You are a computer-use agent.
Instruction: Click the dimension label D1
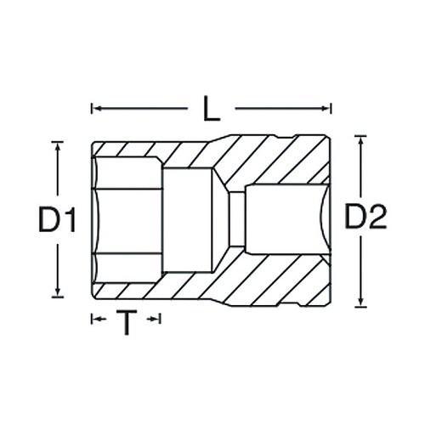[56, 222]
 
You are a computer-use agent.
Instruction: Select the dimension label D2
[365, 219]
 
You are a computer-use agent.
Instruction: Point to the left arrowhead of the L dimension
[94, 109]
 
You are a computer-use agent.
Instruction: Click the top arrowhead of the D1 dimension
[58, 146]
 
